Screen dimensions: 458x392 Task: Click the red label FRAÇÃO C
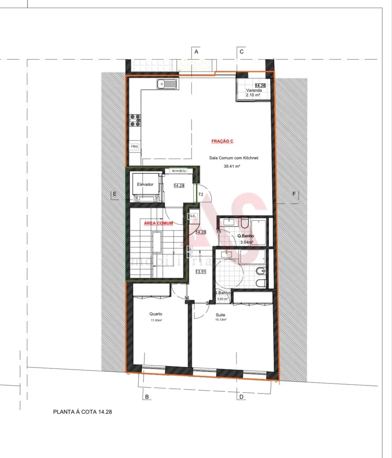tap(223, 141)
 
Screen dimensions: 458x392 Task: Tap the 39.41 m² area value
tap(232, 167)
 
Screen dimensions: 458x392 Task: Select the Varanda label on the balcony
tap(253, 91)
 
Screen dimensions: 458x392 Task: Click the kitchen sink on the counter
tap(168, 85)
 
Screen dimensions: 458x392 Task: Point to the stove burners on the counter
tap(135, 120)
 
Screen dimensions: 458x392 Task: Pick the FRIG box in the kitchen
tap(135, 147)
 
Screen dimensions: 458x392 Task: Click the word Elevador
tap(145, 184)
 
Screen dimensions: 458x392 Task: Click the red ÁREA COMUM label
tap(158, 223)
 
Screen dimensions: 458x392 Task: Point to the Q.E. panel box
tap(192, 216)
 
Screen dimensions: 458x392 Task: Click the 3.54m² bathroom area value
tap(246, 243)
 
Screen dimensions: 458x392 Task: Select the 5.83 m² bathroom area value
tap(223, 299)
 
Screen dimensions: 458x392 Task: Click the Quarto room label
tap(155, 314)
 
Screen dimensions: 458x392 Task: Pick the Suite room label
tap(220, 315)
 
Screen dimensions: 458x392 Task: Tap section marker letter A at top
tap(196, 51)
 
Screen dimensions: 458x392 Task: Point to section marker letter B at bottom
tap(147, 397)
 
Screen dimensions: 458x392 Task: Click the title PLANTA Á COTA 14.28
tap(82, 411)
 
